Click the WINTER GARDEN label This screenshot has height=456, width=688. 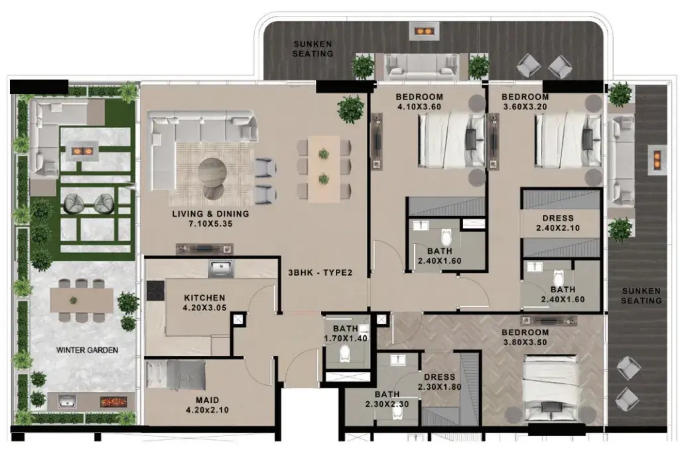(x=87, y=350)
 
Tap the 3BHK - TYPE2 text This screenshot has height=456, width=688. (x=320, y=272)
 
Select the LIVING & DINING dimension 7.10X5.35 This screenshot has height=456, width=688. (x=210, y=224)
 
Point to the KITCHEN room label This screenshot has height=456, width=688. (x=205, y=298)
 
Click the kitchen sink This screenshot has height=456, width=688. (x=221, y=269)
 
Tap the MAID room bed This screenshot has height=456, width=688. (x=176, y=376)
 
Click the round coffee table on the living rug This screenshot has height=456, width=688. (x=212, y=171)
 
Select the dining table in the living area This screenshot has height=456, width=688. (x=324, y=169)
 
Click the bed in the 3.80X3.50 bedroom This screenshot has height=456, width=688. (x=550, y=389)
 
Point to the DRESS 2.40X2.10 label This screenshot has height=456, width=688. (x=558, y=223)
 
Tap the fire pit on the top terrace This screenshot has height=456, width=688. (x=424, y=31)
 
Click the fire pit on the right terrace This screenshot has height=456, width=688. (x=657, y=160)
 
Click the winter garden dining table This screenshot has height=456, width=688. (x=82, y=299)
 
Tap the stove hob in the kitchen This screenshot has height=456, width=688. (x=156, y=291)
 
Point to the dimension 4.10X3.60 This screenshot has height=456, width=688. (x=419, y=107)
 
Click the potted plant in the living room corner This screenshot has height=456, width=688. (x=351, y=109)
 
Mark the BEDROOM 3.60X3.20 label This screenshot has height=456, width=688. (x=525, y=102)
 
